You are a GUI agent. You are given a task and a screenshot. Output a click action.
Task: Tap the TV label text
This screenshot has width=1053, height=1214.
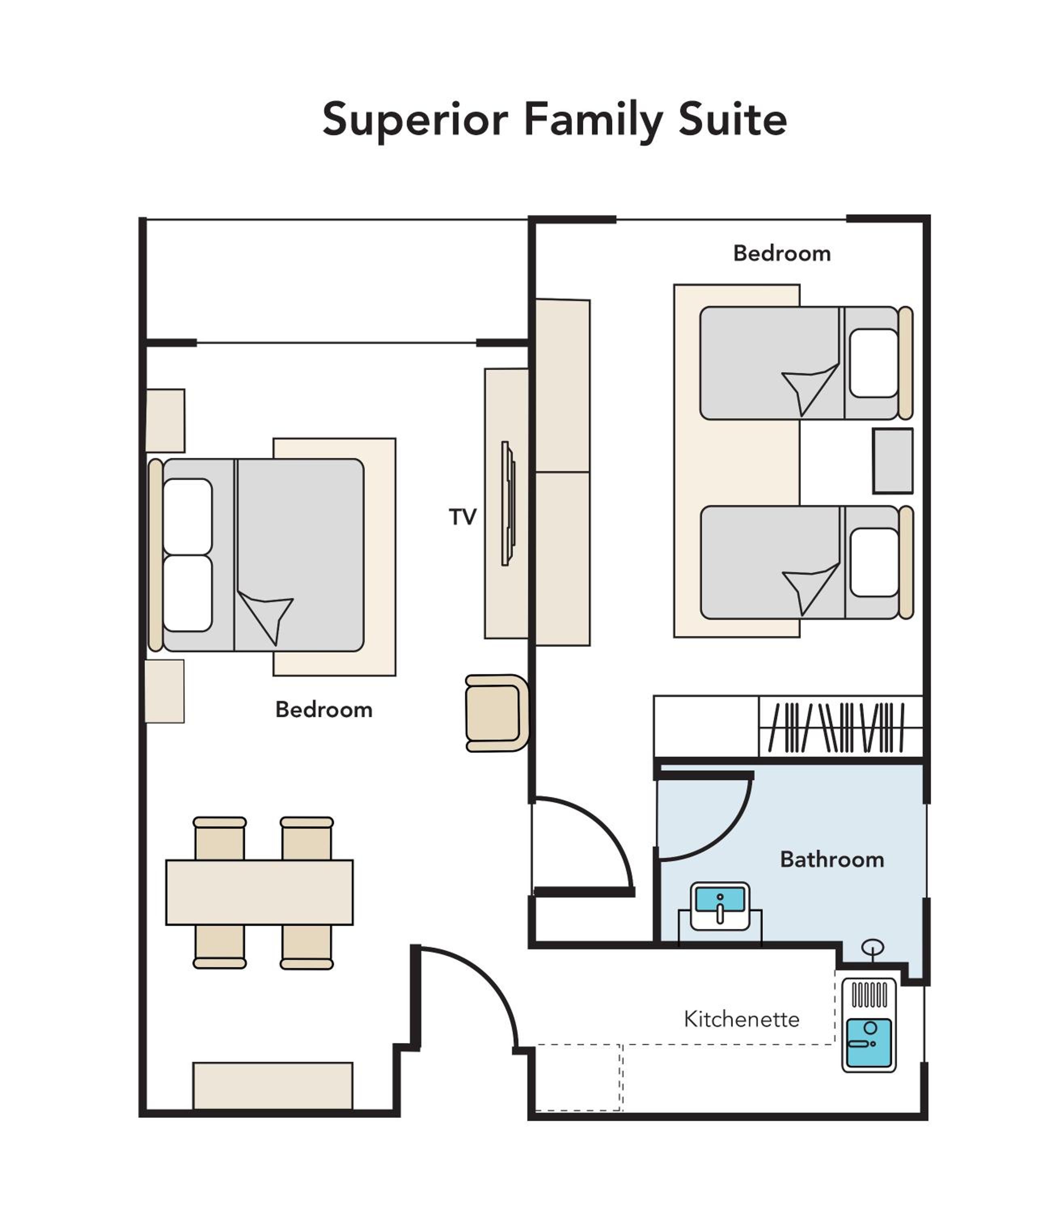[x=463, y=517]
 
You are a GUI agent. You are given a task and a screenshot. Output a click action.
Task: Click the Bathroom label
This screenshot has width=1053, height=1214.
[x=832, y=860]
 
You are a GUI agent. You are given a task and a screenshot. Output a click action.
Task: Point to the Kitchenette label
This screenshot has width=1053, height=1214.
[x=742, y=1019]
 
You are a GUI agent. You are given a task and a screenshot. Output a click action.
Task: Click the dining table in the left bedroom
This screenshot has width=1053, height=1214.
[x=259, y=892]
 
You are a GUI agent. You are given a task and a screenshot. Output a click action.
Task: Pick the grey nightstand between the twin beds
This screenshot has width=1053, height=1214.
[x=892, y=461]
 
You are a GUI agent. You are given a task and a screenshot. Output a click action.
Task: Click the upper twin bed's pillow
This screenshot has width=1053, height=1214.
[x=874, y=363]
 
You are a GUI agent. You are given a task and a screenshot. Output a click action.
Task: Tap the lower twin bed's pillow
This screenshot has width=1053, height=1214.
[x=874, y=562]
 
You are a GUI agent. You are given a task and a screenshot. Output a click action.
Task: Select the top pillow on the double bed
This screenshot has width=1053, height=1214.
[x=188, y=516]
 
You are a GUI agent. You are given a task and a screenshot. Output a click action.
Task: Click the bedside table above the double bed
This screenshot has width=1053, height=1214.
[x=165, y=420]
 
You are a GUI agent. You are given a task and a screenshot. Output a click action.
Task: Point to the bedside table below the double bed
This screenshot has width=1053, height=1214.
[x=165, y=691]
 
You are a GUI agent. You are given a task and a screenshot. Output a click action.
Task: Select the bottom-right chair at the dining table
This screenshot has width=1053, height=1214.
[x=307, y=947]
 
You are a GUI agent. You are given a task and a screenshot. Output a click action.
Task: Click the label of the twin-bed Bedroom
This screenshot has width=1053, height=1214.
[x=782, y=253]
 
